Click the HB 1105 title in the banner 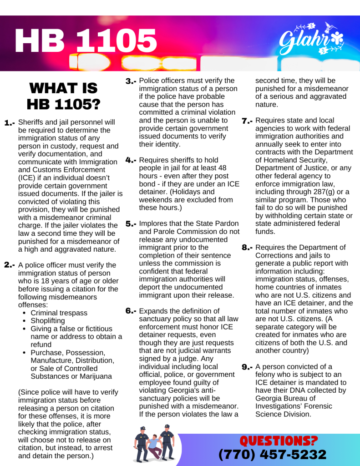[x=86, y=41]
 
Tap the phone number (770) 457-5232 [x=273, y=454]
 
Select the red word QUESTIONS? [x=279, y=441]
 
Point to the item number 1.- [x=10, y=123]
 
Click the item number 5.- [x=131, y=224]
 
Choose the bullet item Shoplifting [x=48, y=321]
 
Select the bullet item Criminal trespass [x=59, y=313]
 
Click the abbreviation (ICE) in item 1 [x=26, y=177]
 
